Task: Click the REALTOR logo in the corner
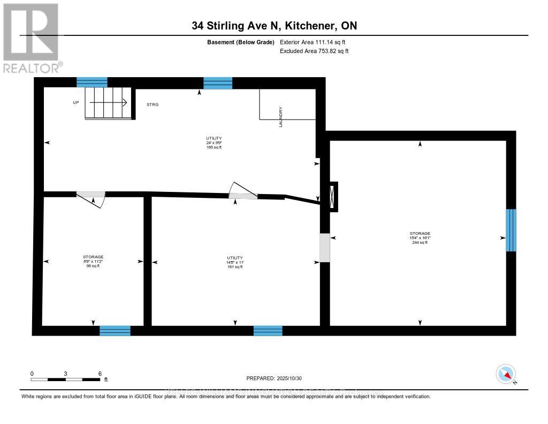tap(31, 38)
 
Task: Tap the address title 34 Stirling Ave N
tap(274, 25)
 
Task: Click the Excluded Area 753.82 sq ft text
tap(314, 51)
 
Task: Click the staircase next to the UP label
tap(108, 103)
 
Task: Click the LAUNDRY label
tap(280, 117)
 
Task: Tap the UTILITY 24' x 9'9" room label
tap(214, 143)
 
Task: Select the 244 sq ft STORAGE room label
tap(420, 238)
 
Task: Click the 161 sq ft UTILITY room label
tap(235, 262)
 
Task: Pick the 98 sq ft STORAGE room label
tap(93, 262)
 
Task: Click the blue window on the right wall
tap(511, 230)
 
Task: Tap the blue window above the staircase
tap(92, 82)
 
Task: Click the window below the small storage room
tap(115, 331)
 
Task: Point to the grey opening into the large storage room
tap(324, 248)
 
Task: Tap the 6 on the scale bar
tap(100, 373)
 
